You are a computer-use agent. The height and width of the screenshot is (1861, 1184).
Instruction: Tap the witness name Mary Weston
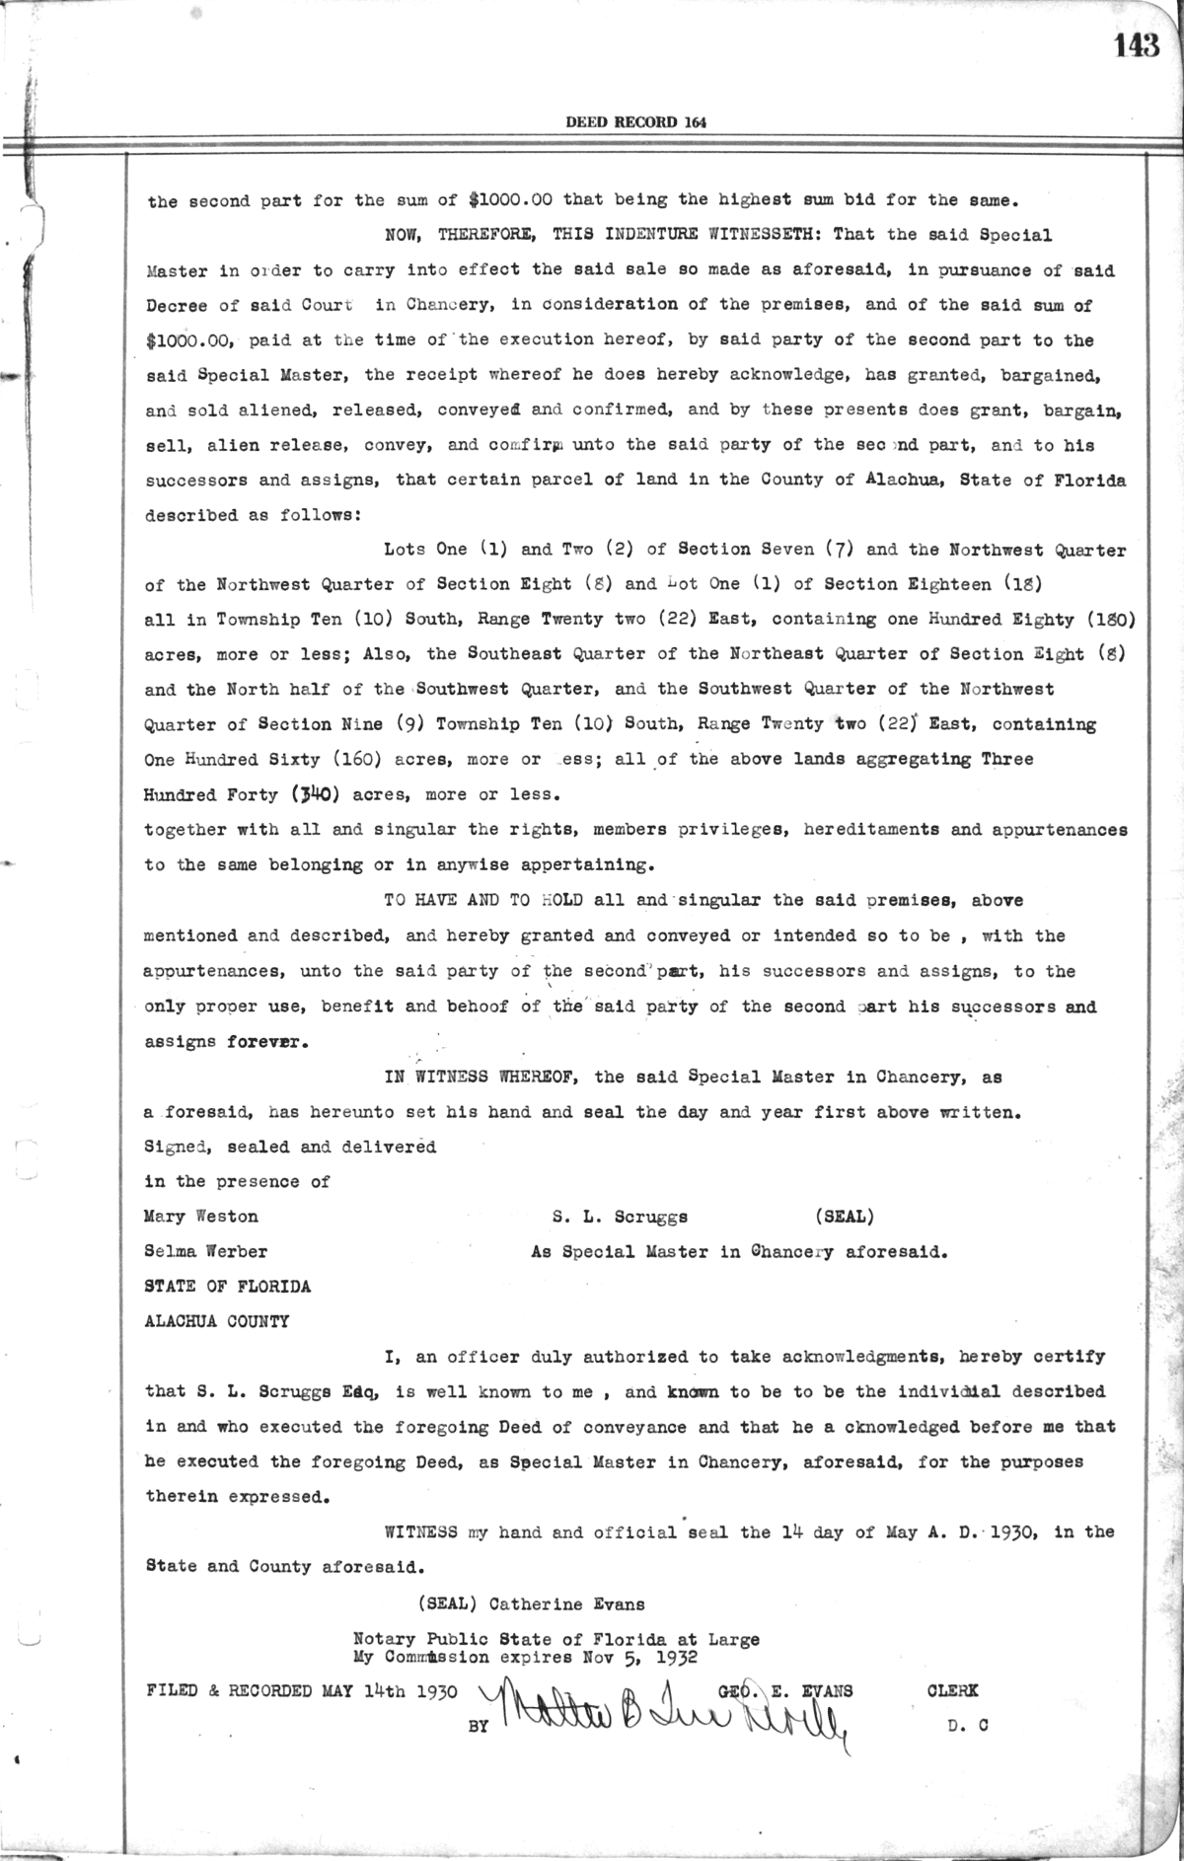click(201, 1217)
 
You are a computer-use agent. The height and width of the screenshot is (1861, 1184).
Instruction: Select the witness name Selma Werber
click(205, 1252)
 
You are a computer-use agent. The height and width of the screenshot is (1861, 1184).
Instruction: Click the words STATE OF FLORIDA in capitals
click(228, 1287)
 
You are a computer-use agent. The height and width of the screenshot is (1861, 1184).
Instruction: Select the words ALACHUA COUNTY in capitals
click(217, 1321)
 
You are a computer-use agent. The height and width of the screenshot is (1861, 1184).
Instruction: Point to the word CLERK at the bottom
click(953, 1690)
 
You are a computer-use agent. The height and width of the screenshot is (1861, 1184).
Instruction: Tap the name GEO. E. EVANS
click(785, 1690)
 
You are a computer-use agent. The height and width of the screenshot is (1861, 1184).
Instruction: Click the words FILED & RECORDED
click(229, 1690)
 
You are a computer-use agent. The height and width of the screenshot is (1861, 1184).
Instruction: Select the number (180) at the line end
click(1110, 620)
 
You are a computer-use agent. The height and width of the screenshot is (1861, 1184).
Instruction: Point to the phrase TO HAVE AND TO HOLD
click(482, 900)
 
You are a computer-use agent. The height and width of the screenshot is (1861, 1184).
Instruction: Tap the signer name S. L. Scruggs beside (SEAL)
click(620, 1217)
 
